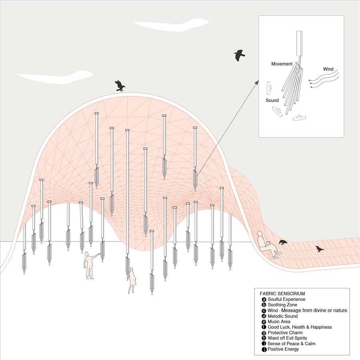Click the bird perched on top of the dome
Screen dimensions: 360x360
click(x=120, y=86)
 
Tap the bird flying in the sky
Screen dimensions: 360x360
click(x=240, y=55)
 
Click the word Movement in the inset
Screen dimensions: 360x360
click(x=282, y=64)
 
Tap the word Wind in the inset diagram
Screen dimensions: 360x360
click(x=328, y=69)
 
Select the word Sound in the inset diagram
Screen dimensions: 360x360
click(x=272, y=100)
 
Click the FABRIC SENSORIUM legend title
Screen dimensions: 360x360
click(x=282, y=294)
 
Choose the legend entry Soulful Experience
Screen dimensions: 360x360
click(x=286, y=299)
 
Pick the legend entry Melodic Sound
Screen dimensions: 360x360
click(x=283, y=316)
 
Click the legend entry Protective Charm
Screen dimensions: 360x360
click(x=285, y=332)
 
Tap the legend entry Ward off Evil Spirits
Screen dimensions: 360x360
click(x=287, y=338)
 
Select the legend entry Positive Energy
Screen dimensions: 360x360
click(x=283, y=349)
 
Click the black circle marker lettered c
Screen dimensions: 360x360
click(x=264, y=311)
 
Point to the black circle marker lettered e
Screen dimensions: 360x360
click(x=264, y=322)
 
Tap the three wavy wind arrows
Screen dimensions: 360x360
click(x=324, y=79)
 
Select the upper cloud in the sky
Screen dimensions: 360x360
click(x=170, y=24)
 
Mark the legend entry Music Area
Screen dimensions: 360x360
click(x=279, y=322)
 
